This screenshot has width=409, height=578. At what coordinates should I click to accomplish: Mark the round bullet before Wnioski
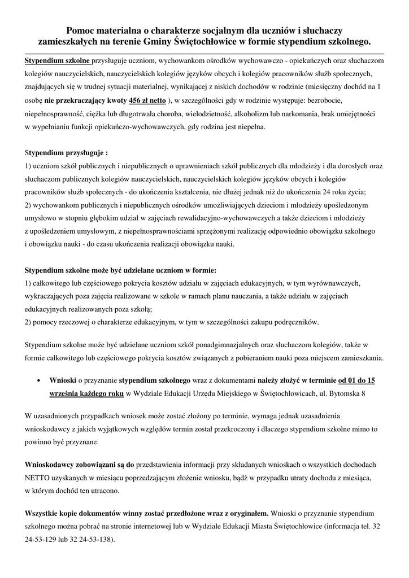pos(37,381)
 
